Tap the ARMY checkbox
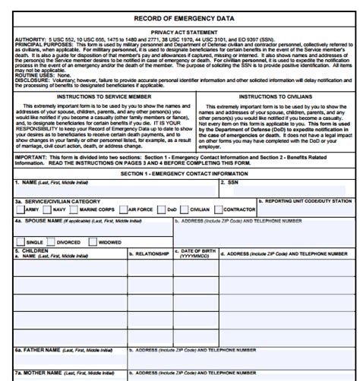20,209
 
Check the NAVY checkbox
48,209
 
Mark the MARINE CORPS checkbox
74,209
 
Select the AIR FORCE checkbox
123,209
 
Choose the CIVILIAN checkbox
185,209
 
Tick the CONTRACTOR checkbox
220,209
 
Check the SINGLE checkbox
21,242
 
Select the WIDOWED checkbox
93,242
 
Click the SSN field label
229,183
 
